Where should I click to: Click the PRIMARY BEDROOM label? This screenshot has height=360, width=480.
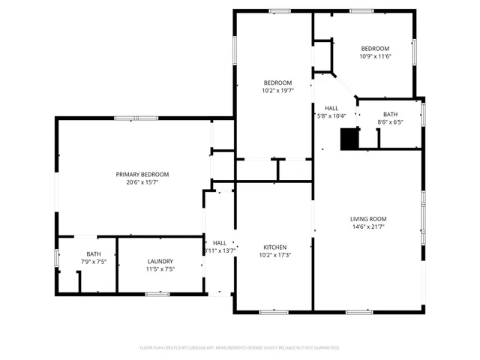(137, 174)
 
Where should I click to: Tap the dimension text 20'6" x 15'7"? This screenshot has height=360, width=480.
(137, 182)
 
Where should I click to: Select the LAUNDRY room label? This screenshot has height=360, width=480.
(160, 261)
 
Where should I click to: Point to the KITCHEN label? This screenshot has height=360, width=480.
(274, 247)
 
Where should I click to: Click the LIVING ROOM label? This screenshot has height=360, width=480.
(368, 219)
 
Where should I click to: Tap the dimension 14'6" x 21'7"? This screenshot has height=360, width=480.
(368, 227)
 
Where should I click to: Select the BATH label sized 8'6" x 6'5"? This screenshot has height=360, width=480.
(391, 114)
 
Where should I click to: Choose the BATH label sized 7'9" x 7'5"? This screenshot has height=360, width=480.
(93, 253)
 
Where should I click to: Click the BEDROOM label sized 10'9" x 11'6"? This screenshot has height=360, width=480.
(375, 48)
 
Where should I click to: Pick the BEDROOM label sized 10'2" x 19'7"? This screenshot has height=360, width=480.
(277, 82)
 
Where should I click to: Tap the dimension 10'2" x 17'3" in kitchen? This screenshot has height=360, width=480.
(274, 255)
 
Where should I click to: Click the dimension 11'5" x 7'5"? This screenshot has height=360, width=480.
(160, 269)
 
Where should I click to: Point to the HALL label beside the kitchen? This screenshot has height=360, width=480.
(220, 243)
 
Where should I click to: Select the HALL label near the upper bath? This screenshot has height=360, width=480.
(331, 107)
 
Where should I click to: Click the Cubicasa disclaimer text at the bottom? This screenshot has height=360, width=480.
(240, 348)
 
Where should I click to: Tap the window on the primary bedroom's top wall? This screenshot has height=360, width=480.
(136, 118)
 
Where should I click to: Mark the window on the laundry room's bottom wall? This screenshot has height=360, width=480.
(157, 294)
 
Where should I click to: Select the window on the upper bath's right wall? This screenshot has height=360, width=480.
(423, 115)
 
